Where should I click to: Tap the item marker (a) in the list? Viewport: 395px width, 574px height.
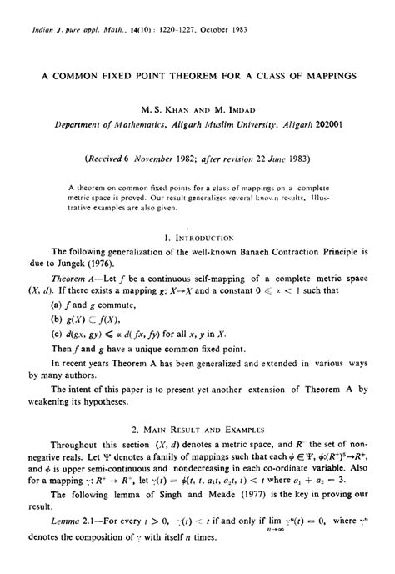point(57,305)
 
